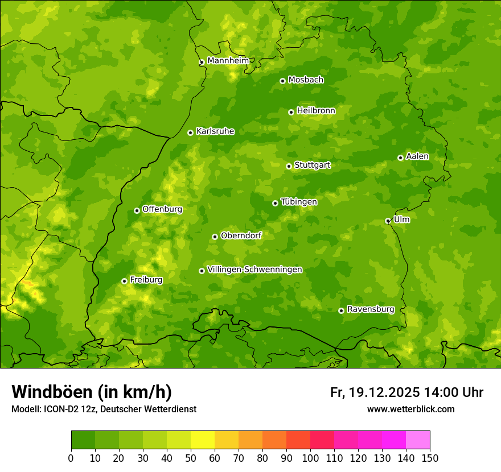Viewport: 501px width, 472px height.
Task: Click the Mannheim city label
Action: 228,60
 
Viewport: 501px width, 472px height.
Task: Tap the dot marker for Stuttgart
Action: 289,166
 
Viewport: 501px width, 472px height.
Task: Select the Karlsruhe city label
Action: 215,131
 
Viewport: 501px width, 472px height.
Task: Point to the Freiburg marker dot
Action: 124,281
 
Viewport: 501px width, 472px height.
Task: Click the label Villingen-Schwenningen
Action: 254,269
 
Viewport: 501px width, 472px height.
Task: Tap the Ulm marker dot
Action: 388,221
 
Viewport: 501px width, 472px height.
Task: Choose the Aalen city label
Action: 417,156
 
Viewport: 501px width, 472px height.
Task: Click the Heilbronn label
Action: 316,110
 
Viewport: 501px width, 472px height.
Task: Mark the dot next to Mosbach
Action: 282,81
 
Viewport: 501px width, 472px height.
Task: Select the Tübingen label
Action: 299,201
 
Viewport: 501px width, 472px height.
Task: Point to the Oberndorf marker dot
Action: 215,237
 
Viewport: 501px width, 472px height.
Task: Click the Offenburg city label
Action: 162,209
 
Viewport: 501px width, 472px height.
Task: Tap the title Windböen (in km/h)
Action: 91,392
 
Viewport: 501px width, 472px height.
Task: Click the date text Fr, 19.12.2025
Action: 375,392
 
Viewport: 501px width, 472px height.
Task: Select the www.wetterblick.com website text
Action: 410,409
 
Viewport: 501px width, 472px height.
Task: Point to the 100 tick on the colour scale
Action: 310,458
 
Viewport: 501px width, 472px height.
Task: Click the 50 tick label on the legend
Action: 191,458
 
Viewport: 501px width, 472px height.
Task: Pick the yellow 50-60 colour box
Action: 203,440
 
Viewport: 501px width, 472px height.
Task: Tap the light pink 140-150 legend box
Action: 418,440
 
